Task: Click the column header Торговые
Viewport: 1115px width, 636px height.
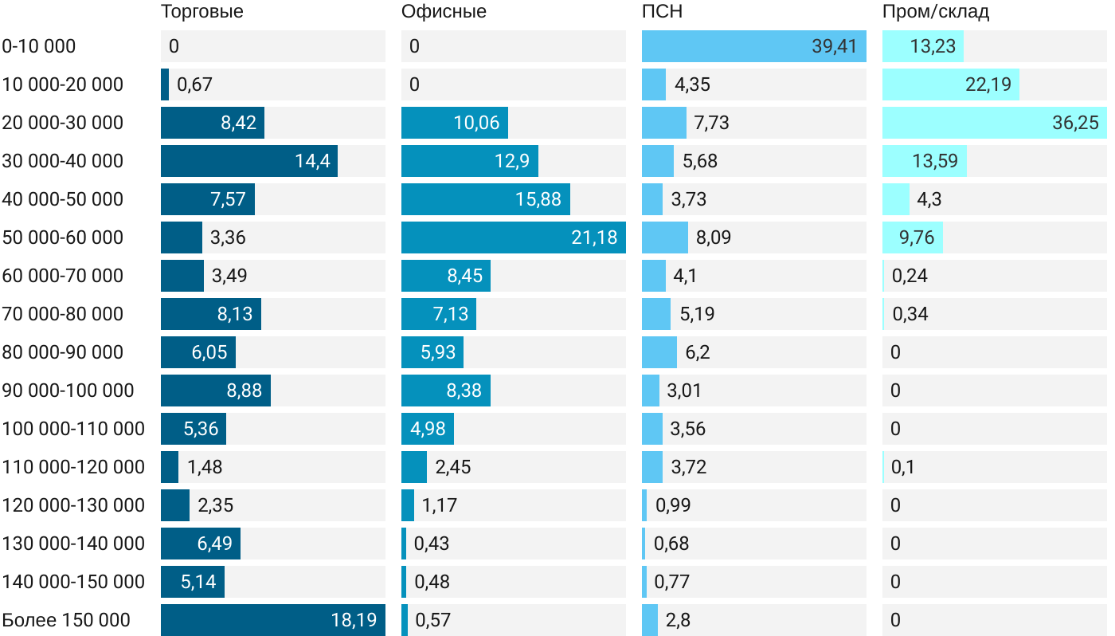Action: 202,11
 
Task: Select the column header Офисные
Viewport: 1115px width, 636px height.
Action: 444,11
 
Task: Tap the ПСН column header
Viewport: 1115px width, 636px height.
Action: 662,11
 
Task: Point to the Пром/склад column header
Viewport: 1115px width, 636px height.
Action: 936,11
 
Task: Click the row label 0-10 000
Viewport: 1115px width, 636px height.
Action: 39,46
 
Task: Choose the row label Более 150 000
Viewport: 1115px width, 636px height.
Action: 66,620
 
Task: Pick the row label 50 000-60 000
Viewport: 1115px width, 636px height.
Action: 63,238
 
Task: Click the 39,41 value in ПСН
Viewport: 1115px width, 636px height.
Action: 834,46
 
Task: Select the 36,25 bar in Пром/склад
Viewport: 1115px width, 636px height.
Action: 994,123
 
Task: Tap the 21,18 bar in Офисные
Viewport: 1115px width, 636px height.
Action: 513,238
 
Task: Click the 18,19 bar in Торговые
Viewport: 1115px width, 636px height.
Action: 272,620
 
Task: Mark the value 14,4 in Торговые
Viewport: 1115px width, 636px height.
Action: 311,161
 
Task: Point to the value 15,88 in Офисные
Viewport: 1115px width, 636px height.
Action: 538,199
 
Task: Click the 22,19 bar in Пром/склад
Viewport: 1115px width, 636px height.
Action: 950,84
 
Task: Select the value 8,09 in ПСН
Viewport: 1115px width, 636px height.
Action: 714,238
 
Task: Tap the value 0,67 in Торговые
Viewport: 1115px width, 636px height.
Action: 194,84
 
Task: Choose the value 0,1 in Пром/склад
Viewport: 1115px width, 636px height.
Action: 903,467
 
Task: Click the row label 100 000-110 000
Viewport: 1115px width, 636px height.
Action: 73,429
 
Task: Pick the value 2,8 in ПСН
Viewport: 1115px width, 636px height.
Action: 678,620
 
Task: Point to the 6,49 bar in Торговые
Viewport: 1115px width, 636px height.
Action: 200,544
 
